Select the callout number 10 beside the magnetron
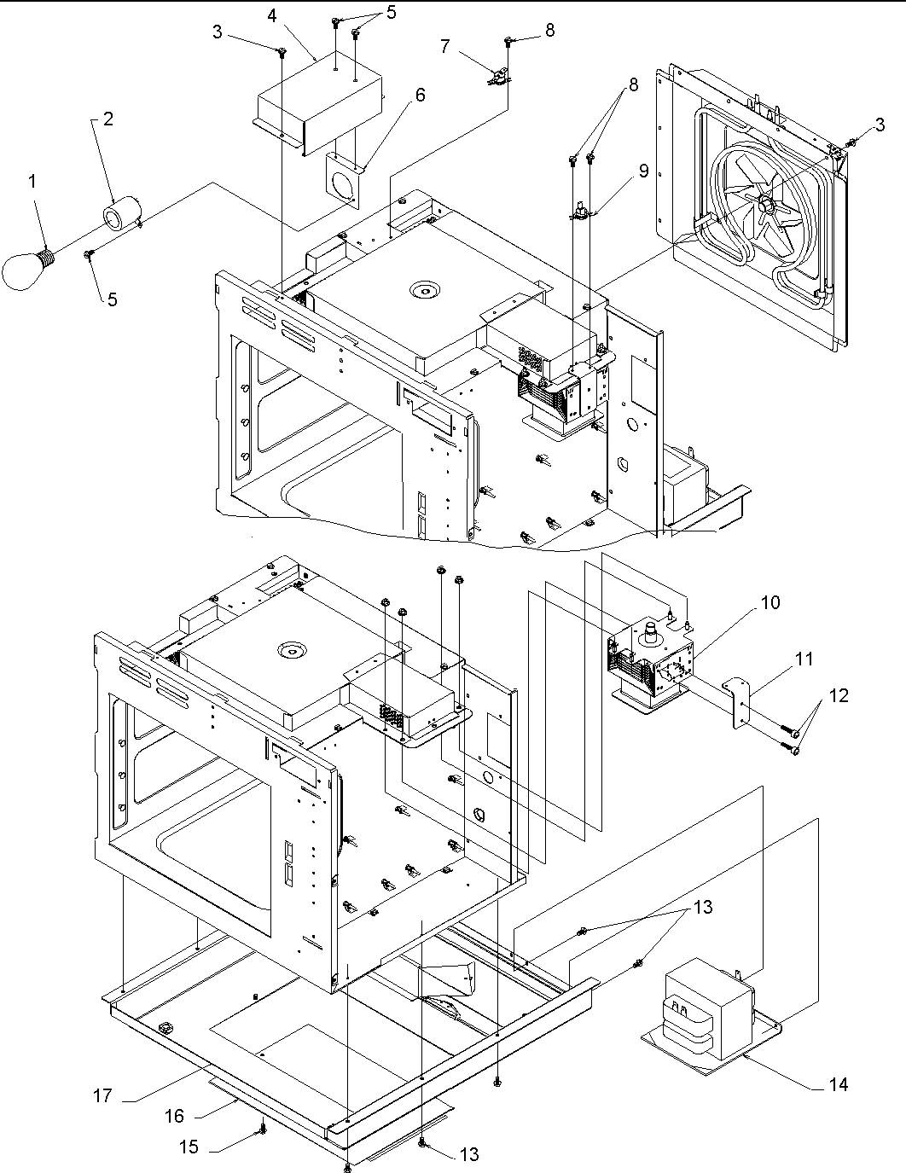point(770,602)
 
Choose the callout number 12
point(839,695)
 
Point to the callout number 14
point(838,1084)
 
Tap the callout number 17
point(102,1095)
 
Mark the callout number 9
point(642,171)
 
